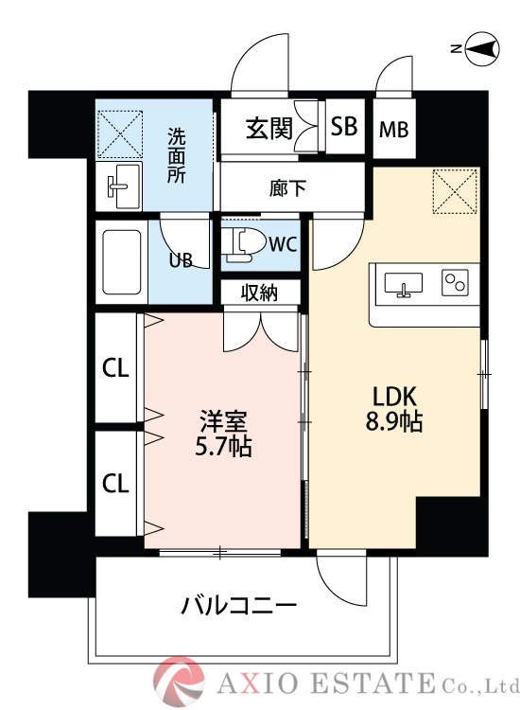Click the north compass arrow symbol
[x=479, y=49]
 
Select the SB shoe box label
[x=344, y=127]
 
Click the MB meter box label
[x=393, y=129]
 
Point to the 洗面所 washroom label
[x=177, y=154]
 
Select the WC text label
[x=283, y=244]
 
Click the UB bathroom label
[x=181, y=261]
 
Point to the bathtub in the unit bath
[x=120, y=262]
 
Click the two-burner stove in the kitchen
[x=457, y=282]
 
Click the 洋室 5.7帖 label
[x=224, y=432]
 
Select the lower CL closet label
[x=115, y=484]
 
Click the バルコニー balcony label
[x=239, y=605]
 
